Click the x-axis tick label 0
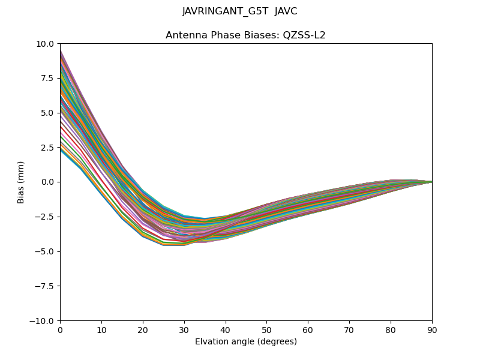tap(60, 329)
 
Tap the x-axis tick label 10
tap(101, 329)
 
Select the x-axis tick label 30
tap(184, 329)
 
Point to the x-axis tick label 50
tap(266, 329)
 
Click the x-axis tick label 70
tap(349, 329)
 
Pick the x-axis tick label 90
tap(432, 329)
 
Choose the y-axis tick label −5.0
tap(46, 251)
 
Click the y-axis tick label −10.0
tap(43, 321)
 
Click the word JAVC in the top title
tap(286, 11)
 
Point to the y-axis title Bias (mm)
tap(21, 182)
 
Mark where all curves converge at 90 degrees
tap(431, 182)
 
